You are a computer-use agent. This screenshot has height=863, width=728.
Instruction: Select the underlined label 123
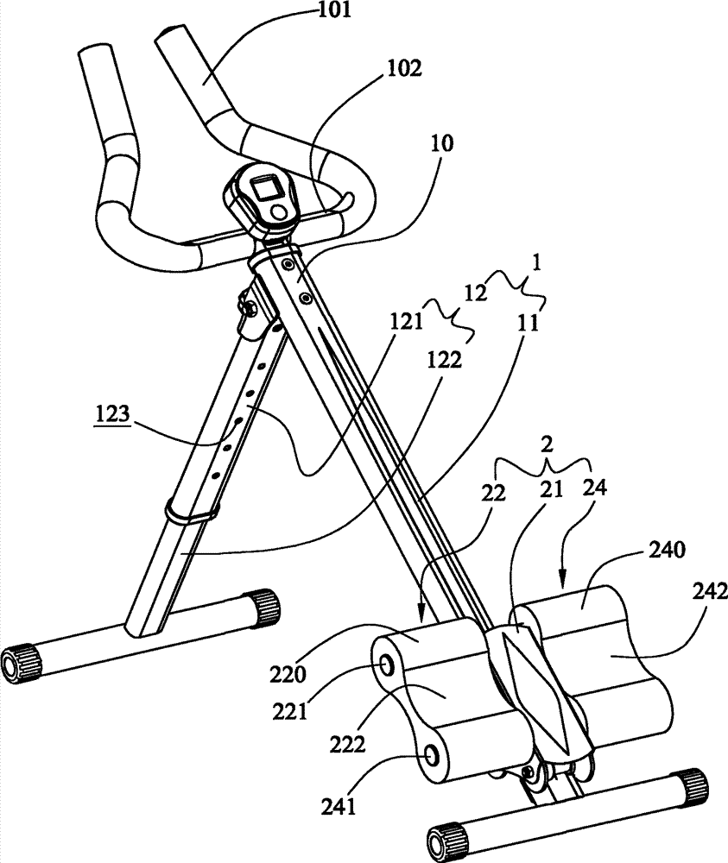pyautogui.click(x=112, y=416)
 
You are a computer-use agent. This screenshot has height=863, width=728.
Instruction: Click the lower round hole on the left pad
pyautogui.click(x=429, y=755)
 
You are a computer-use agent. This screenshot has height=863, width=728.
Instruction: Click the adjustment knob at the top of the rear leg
pyautogui.click(x=250, y=308)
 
